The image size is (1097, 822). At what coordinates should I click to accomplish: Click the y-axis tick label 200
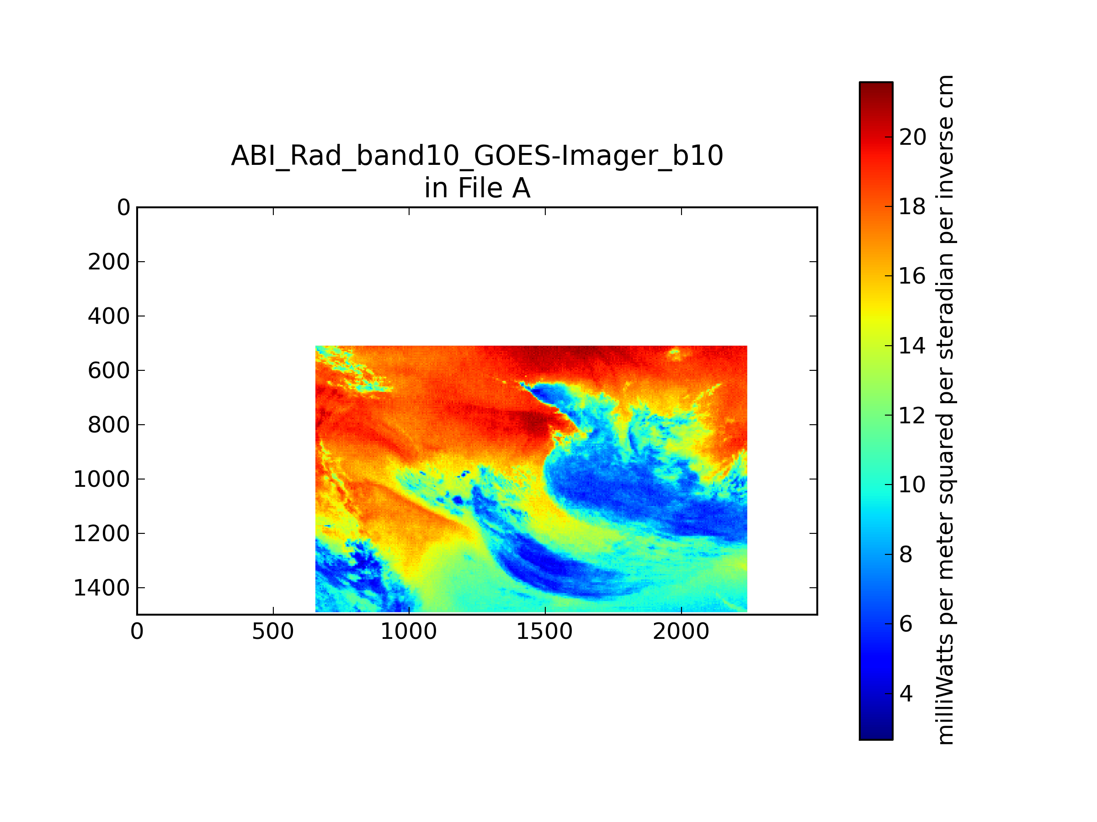tap(109, 262)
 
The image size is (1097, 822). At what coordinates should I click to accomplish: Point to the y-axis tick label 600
tap(109, 371)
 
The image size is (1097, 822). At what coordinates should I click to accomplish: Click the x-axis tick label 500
tap(273, 632)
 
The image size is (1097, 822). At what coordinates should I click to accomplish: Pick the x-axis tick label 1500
tap(544, 632)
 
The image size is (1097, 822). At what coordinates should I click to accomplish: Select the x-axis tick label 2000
tap(681, 632)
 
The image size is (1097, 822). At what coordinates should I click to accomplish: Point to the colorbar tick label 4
tap(905, 694)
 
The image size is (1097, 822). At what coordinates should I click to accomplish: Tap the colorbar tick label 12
tap(912, 415)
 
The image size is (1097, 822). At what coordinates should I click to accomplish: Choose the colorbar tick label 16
tap(912, 276)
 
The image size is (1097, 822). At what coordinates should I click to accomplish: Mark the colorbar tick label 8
tap(905, 554)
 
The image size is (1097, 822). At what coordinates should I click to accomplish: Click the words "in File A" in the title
tap(477, 188)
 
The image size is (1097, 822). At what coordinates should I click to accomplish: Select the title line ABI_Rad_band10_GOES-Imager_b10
tap(477, 156)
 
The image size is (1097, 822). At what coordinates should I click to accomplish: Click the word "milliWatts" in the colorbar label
tap(946, 690)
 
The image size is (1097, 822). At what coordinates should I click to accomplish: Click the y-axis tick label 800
tap(109, 425)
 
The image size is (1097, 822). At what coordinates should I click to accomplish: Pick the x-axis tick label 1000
tap(409, 632)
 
